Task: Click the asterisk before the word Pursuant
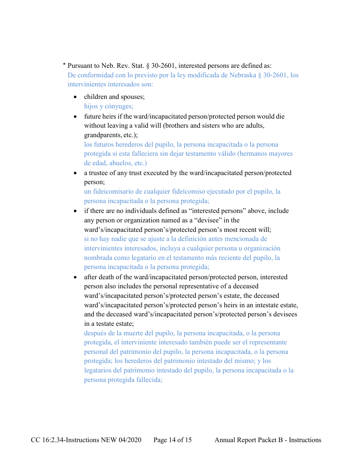click(x=64, y=65)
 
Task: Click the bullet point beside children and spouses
click(x=75, y=97)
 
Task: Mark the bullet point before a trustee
click(x=75, y=173)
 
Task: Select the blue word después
click(x=95, y=333)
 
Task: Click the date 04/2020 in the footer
click(x=129, y=440)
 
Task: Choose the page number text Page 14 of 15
click(x=172, y=440)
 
